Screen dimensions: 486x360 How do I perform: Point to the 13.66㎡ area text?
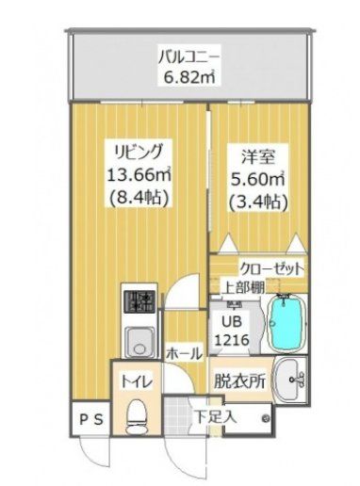pyautogui.click(x=139, y=174)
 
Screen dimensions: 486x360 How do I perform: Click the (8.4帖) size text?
pyautogui.click(x=139, y=198)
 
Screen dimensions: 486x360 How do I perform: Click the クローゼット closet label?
pyautogui.click(x=272, y=268)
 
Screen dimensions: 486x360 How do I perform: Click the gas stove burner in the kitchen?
pyautogui.click(x=141, y=302)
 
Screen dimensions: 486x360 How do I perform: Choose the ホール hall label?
pyautogui.click(x=184, y=353)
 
